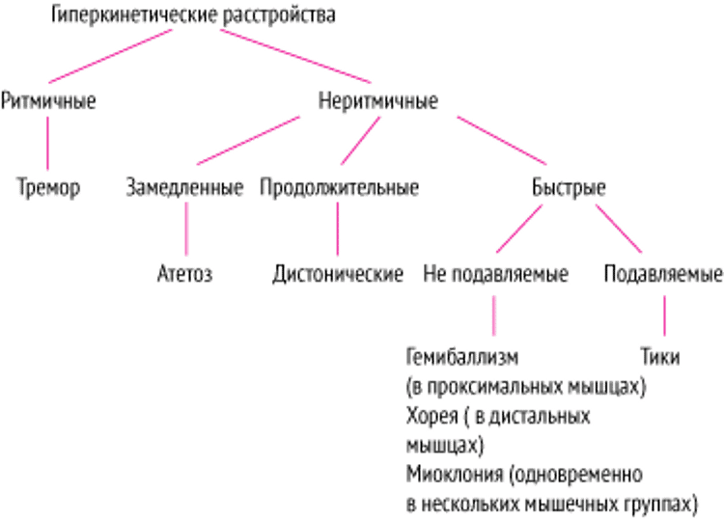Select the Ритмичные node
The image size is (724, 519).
click(48, 100)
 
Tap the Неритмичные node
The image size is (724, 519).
click(377, 100)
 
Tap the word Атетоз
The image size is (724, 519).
click(184, 274)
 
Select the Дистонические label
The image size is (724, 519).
click(337, 274)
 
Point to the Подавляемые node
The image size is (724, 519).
click(662, 274)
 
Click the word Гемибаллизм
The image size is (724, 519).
click(450, 358)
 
